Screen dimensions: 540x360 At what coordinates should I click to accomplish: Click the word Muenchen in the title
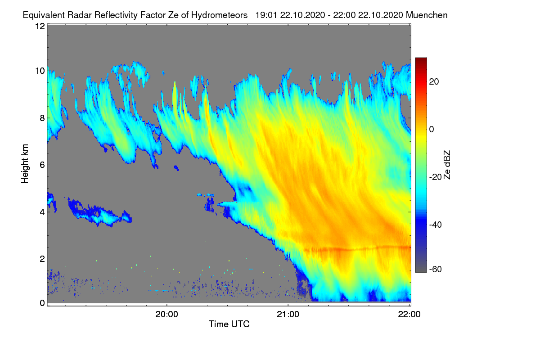(x=427, y=15)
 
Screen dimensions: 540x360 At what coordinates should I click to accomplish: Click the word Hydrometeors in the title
(x=219, y=15)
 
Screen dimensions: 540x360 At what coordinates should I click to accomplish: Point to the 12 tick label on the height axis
(x=40, y=26)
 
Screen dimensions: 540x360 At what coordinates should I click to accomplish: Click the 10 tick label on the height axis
(x=40, y=71)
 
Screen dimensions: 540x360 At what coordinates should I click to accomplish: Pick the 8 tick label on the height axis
(x=42, y=118)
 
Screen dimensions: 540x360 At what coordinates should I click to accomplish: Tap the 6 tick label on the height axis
(x=42, y=165)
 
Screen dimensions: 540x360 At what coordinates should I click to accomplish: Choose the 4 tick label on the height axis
(x=42, y=212)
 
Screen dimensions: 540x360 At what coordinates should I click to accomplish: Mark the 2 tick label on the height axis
(x=42, y=259)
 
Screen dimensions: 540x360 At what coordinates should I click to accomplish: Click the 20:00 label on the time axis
(x=166, y=314)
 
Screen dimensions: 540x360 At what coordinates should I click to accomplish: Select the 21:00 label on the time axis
(x=288, y=314)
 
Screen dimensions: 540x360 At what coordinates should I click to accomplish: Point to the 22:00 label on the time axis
(x=409, y=314)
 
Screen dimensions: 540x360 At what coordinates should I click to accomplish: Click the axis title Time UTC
(x=229, y=324)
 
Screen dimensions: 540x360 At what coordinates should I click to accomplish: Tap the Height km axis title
(x=25, y=164)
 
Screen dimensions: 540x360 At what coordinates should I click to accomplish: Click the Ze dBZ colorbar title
(x=447, y=165)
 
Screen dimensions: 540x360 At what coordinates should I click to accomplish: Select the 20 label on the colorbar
(x=434, y=82)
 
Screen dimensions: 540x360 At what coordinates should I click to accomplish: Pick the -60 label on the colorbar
(x=436, y=270)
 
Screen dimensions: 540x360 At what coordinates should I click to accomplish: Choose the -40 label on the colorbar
(x=436, y=225)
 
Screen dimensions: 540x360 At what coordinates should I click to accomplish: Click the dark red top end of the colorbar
(x=421, y=59)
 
